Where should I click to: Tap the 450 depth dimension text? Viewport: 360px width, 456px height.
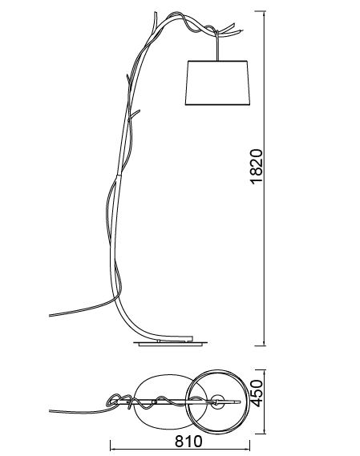[257, 393]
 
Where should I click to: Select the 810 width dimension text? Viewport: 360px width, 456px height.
[188, 441]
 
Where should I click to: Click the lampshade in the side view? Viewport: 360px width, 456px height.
[218, 83]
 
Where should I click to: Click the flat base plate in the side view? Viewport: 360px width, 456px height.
[170, 344]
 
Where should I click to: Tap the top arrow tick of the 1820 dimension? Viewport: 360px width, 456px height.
[264, 11]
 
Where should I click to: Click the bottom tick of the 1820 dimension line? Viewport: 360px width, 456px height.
[264, 345]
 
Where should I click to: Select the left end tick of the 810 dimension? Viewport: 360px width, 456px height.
[111, 446]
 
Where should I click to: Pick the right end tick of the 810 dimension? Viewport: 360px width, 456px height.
[249, 446]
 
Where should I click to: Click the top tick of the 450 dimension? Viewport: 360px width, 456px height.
[264, 370]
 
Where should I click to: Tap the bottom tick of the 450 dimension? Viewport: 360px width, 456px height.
[264, 434]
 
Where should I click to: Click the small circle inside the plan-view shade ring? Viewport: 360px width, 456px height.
[218, 402]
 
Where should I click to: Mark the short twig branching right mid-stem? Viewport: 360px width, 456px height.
[135, 114]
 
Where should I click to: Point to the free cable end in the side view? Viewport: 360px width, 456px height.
[50, 315]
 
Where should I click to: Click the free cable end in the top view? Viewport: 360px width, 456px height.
[50, 411]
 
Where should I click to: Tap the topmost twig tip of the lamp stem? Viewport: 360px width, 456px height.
[155, 12]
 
